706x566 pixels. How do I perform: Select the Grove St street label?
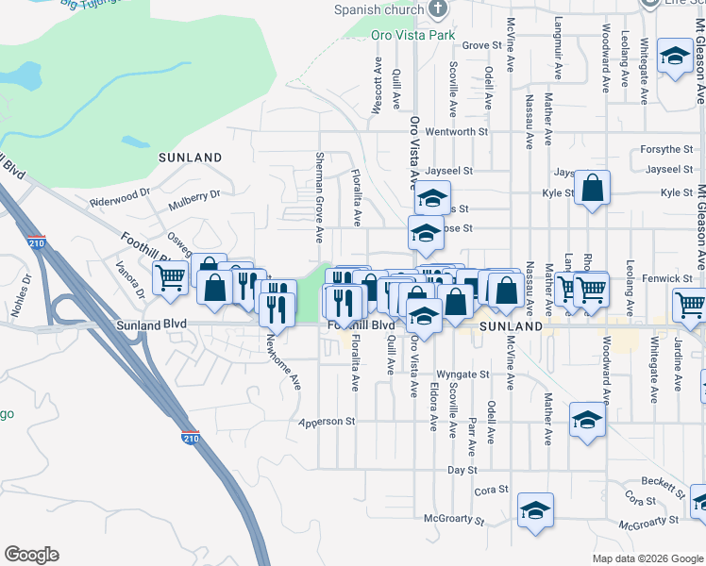point(481,44)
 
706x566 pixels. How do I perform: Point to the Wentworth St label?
point(457,132)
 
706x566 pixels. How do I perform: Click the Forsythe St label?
point(665,149)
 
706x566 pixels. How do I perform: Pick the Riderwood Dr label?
point(120,197)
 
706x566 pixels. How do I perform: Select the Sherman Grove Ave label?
point(320,189)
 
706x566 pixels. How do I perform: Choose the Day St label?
point(462,469)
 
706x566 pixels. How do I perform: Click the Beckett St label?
point(663,484)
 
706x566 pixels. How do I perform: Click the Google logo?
point(31,555)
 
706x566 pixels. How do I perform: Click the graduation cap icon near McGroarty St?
point(535,509)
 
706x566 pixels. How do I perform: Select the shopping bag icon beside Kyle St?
point(592,188)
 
